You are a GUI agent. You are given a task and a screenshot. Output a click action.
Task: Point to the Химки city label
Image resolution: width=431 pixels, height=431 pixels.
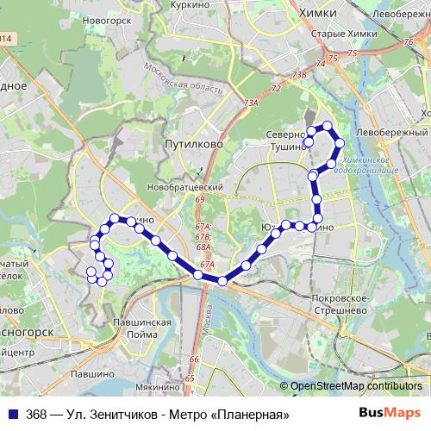click(x=315, y=14)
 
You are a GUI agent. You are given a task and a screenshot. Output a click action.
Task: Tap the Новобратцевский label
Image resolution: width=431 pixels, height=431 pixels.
click(x=186, y=187)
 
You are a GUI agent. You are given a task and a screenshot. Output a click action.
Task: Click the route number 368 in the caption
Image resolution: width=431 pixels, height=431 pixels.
click(x=37, y=414)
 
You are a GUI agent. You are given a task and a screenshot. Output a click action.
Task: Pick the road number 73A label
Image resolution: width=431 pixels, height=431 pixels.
click(x=251, y=103)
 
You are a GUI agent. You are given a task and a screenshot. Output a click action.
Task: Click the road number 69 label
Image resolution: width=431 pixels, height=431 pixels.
click(x=199, y=200)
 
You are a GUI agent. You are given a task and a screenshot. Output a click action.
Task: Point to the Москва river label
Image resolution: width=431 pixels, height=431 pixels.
click(x=208, y=323)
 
